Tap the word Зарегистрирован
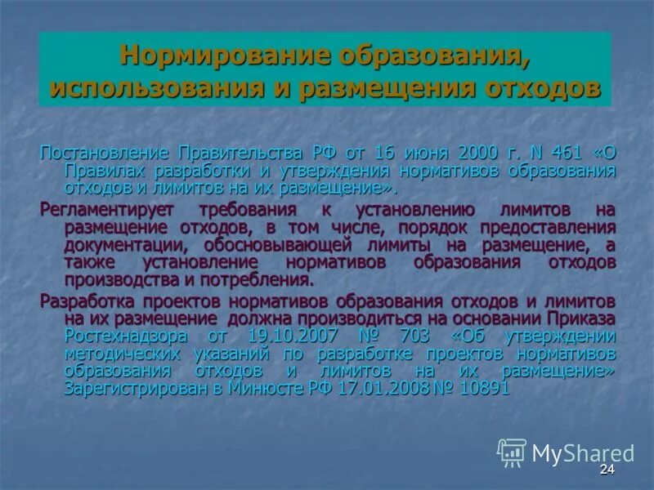pos(136,389)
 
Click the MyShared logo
pos(565,452)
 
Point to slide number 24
pos(606,470)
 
